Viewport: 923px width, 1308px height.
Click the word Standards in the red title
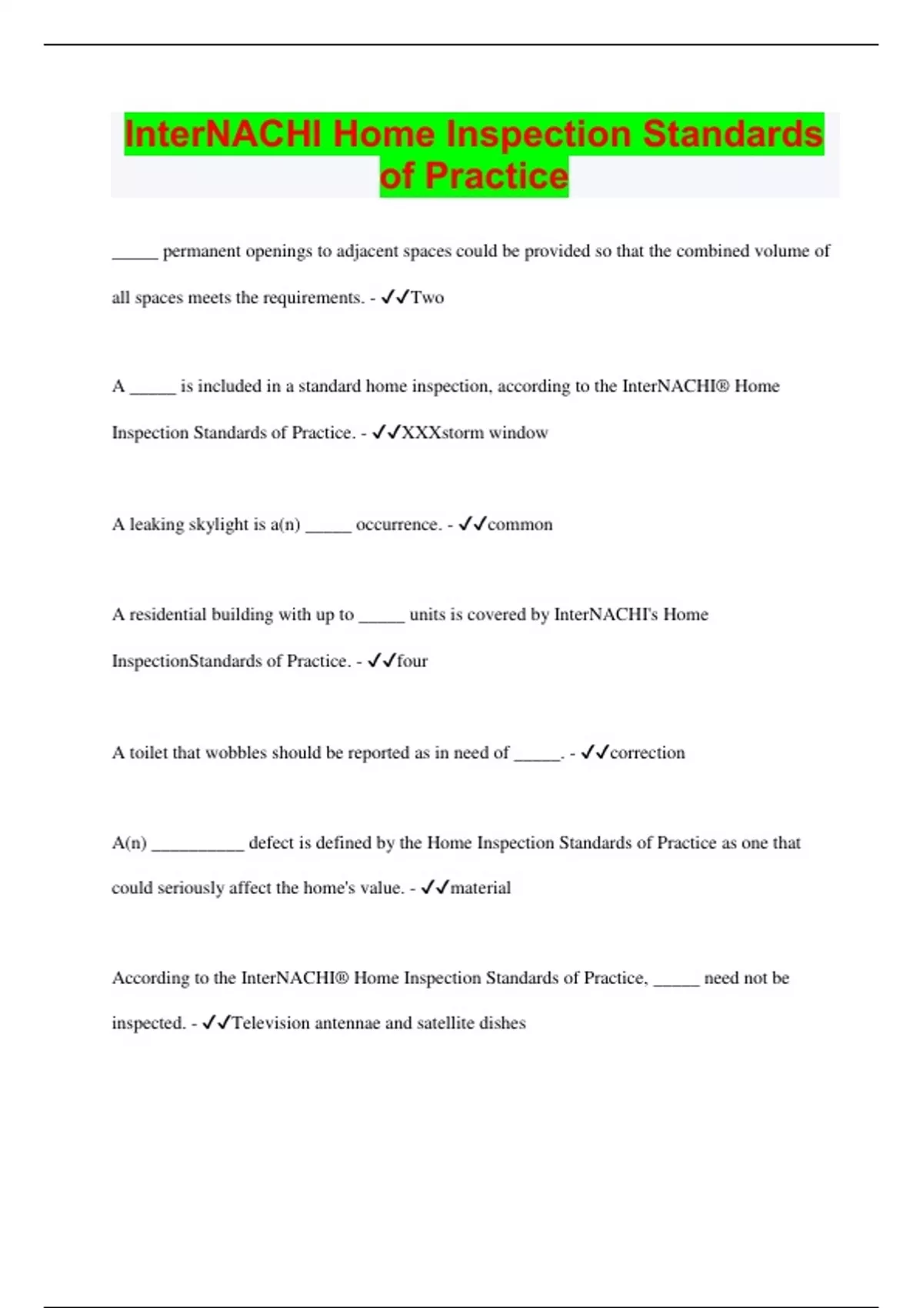(x=732, y=134)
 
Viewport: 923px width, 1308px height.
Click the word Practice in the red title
(x=496, y=176)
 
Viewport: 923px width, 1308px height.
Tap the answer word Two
(x=427, y=298)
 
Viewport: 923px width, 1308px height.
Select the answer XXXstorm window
(x=475, y=432)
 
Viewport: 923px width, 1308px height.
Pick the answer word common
(x=519, y=525)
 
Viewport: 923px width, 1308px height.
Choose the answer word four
(x=412, y=661)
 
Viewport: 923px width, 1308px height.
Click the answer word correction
(x=647, y=752)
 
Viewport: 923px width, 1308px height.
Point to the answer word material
(x=480, y=888)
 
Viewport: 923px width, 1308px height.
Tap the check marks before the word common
(x=471, y=525)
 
